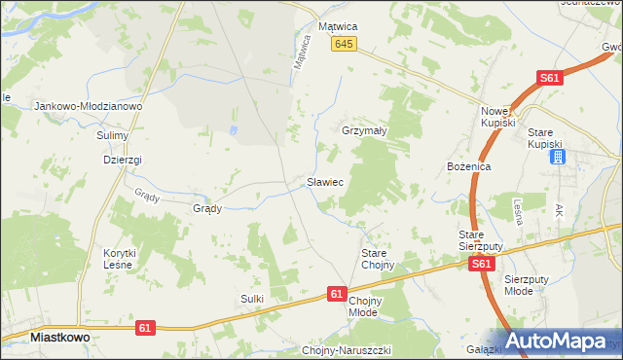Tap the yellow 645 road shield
tap(344, 45)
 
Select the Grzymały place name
tap(365, 130)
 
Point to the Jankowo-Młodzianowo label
tap(89, 106)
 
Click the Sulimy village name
tap(114, 136)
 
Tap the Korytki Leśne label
tap(121, 259)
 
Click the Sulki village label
tap(252, 299)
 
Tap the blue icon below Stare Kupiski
tap(557, 156)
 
